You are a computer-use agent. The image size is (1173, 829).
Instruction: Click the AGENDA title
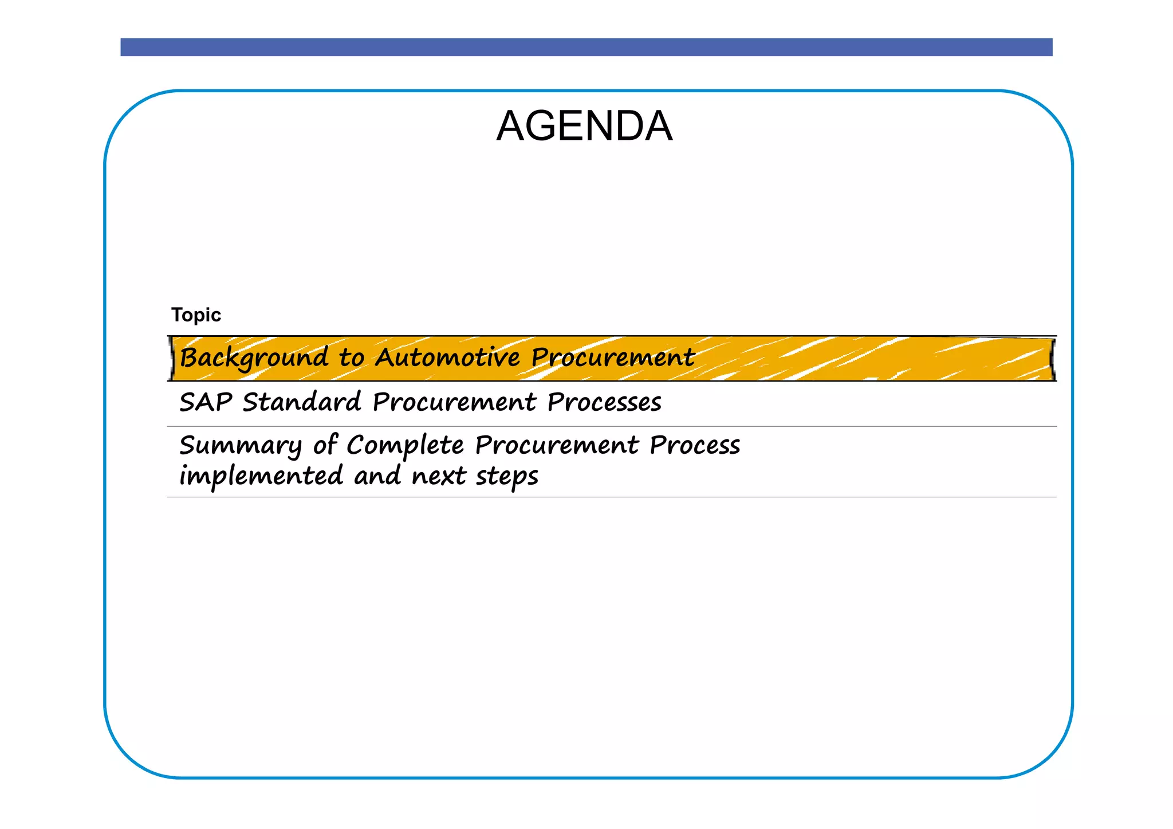[x=584, y=126]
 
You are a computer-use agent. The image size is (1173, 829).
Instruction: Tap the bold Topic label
[x=196, y=315]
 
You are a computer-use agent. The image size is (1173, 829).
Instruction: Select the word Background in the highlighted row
[x=254, y=358]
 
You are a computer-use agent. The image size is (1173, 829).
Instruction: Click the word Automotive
[x=447, y=357]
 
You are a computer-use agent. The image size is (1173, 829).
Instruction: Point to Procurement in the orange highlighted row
[x=612, y=357]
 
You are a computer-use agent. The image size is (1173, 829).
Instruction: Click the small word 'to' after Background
[x=351, y=358]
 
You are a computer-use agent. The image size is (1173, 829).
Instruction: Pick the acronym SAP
[x=205, y=402]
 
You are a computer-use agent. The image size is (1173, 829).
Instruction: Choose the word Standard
[x=302, y=402]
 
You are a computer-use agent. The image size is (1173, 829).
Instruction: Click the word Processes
[x=604, y=402]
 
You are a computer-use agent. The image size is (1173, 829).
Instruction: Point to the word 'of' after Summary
[x=325, y=445]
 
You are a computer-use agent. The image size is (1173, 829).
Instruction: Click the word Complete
[x=405, y=446]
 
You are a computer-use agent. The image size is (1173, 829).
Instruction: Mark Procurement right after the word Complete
[x=557, y=446]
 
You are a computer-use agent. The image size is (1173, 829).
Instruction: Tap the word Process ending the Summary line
[x=695, y=446]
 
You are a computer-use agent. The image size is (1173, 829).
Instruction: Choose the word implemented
[x=261, y=476]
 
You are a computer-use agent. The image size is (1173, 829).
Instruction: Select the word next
[x=438, y=476]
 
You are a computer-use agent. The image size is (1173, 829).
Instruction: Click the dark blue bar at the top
[x=586, y=47]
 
